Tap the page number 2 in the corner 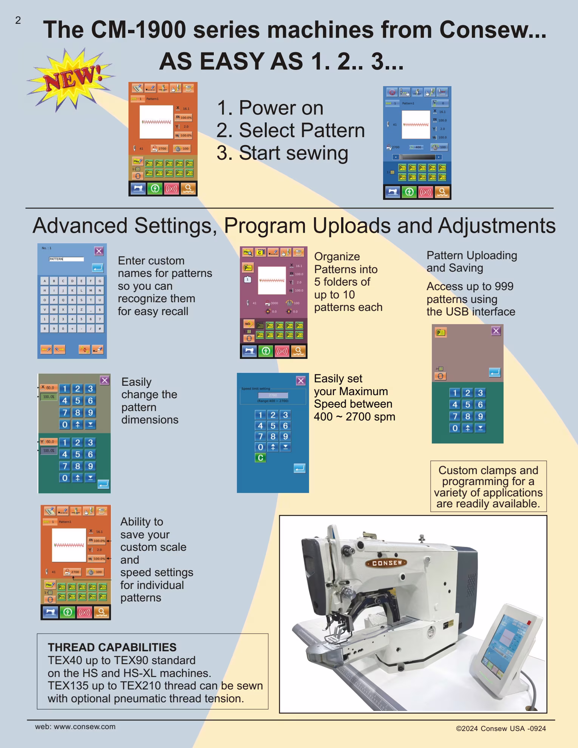(18, 20)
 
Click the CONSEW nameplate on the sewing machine (387, 563)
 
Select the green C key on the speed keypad (260, 458)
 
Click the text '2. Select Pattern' (290, 130)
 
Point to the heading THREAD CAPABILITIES (112, 647)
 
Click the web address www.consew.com (85, 726)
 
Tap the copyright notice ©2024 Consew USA (501, 728)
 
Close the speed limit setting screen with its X (301, 381)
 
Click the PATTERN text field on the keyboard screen (66, 259)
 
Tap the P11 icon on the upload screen (440, 332)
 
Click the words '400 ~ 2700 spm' (354, 417)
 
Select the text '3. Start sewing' (282, 153)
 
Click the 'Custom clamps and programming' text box (488, 487)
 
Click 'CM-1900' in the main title (139, 29)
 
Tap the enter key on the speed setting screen (299, 468)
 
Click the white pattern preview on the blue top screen (416, 124)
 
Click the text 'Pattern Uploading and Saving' (471, 261)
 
